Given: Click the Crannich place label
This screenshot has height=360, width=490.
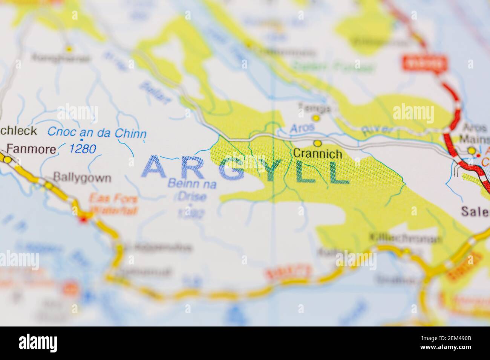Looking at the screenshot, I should pos(317,154).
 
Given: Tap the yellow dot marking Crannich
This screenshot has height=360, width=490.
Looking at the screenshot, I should pos(318,143).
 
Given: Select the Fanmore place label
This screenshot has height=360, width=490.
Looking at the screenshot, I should pos(32,149).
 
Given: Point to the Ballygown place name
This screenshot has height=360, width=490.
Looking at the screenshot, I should pos(82,177).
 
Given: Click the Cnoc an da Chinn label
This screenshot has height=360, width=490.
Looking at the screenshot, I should pos(97,133).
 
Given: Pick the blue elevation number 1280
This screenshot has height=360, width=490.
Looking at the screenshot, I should pos(83,149).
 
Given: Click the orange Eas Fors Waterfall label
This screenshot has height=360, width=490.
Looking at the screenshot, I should pos(113,204).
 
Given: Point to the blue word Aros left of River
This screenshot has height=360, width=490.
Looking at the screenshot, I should pos(302,128).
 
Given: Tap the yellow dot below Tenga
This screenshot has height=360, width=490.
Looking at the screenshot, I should pos(316,118).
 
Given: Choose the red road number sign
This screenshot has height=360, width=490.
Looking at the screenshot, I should pos(424,63).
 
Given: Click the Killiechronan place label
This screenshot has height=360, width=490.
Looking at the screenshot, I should pos(405,238).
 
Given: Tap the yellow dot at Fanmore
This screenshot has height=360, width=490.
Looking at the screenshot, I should pos(7,160).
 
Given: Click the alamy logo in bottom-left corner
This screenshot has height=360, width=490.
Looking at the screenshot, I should pos(38,343).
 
